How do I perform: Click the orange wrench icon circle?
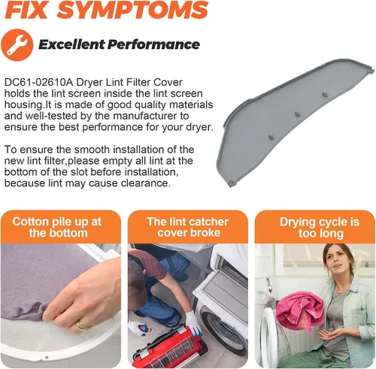(x=17, y=45)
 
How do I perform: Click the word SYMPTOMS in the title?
(x=133, y=10)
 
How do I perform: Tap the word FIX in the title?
(x=26, y=10)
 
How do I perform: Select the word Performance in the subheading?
(x=153, y=44)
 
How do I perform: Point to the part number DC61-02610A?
(x=39, y=83)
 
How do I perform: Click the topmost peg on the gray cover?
(x=324, y=95)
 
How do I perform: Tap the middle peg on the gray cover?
(x=297, y=114)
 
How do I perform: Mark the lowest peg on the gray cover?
(x=271, y=137)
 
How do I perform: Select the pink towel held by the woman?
(x=299, y=310)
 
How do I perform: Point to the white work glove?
(x=193, y=323)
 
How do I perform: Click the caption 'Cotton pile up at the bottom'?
(x=58, y=227)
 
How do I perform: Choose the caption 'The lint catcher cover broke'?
(x=188, y=227)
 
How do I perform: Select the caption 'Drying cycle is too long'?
(x=320, y=228)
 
